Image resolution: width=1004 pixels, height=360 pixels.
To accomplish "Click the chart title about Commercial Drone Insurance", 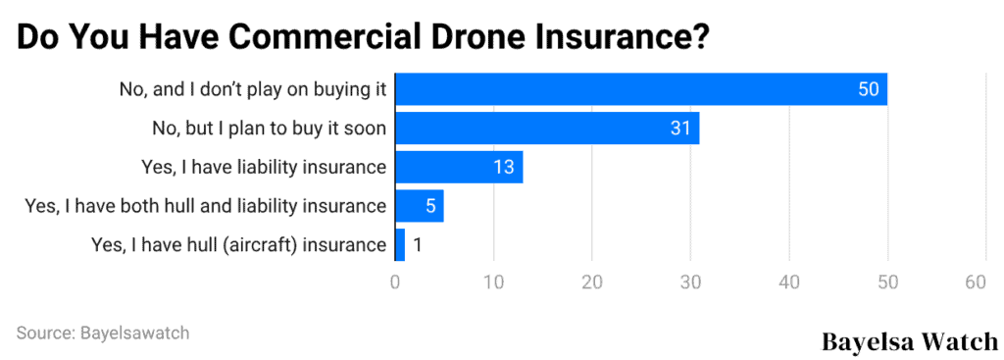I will (x=363, y=36).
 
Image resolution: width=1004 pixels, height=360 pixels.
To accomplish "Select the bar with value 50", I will (x=640, y=89).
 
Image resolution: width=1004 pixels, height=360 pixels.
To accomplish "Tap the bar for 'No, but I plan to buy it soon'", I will (x=546, y=129).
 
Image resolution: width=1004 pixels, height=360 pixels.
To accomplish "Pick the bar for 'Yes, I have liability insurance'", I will (x=458, y=167).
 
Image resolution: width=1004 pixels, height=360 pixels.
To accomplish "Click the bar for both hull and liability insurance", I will (x=419, y=206).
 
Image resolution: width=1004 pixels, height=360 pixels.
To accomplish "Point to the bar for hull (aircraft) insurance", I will (x=399, y=244).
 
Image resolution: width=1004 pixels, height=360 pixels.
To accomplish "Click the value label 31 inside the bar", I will (x=680, y=129).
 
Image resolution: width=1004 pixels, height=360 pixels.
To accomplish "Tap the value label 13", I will (x=504, y=167).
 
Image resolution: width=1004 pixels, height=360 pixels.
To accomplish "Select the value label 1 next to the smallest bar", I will (x=418, y=244).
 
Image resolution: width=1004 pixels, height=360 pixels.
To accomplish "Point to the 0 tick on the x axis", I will (x=395, y=283).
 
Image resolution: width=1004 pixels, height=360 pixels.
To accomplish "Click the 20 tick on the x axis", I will (x=591, y=283).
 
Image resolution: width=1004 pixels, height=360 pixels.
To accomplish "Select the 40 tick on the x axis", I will (x=788, y=283).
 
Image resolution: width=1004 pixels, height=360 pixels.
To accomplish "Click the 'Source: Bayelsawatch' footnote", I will (x=103, y=333).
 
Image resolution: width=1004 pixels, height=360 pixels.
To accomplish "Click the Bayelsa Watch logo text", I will (x=909, y=341).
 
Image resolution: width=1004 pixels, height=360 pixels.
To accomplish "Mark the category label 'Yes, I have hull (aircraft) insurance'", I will (x=238, y=244).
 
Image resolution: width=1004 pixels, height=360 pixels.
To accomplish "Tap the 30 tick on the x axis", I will (x=690, y=283).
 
